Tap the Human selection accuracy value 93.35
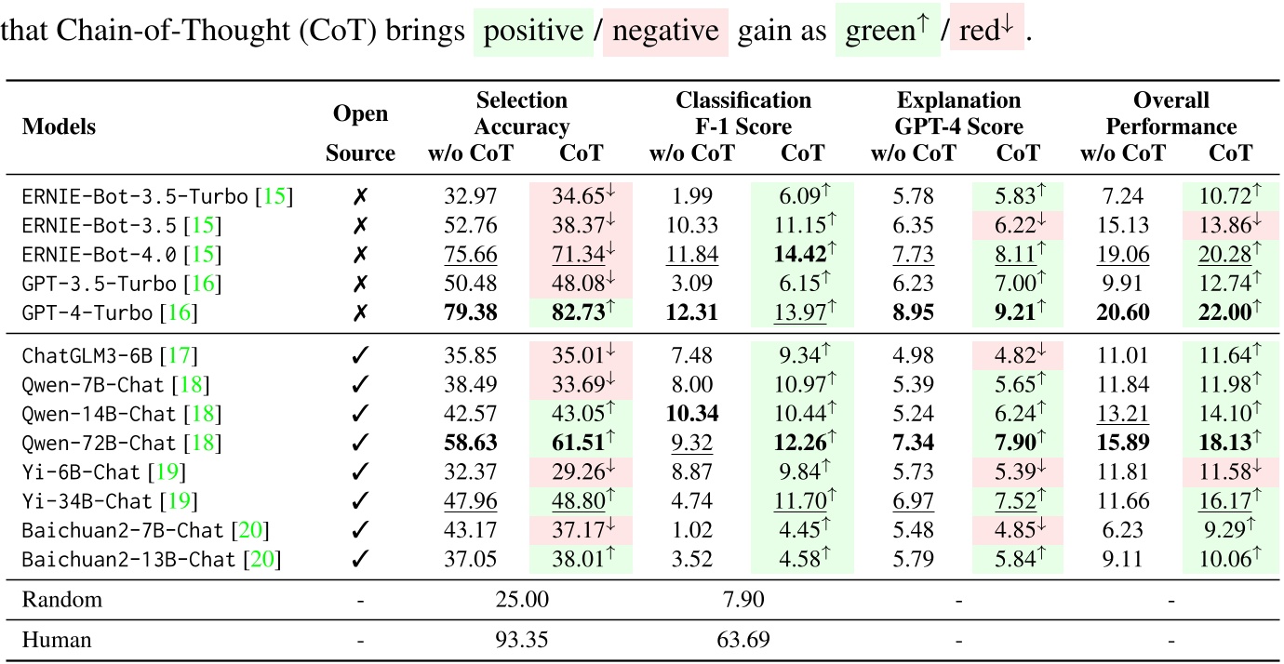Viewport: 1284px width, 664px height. pos(522,640)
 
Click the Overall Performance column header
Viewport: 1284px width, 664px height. pos(1170,113)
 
